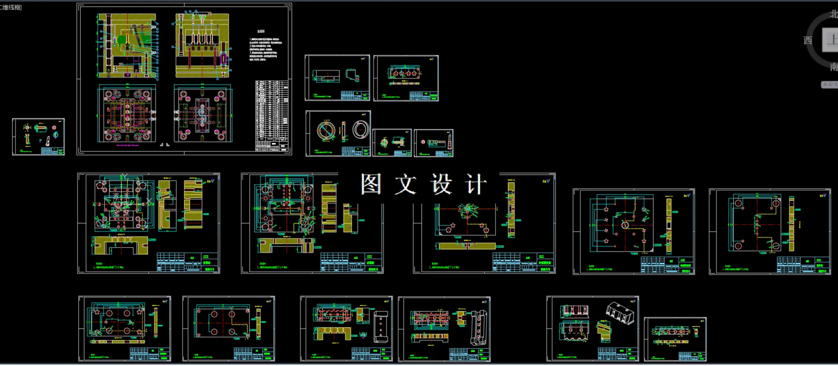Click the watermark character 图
371,184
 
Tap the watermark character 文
405,184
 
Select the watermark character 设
441,184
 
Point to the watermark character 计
475,184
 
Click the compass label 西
808,40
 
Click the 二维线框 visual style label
11,7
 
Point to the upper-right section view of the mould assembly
203,46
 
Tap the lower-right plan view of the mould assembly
202,114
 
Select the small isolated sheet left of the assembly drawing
38,137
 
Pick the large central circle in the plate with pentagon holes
625,225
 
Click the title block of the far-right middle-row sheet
803,265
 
